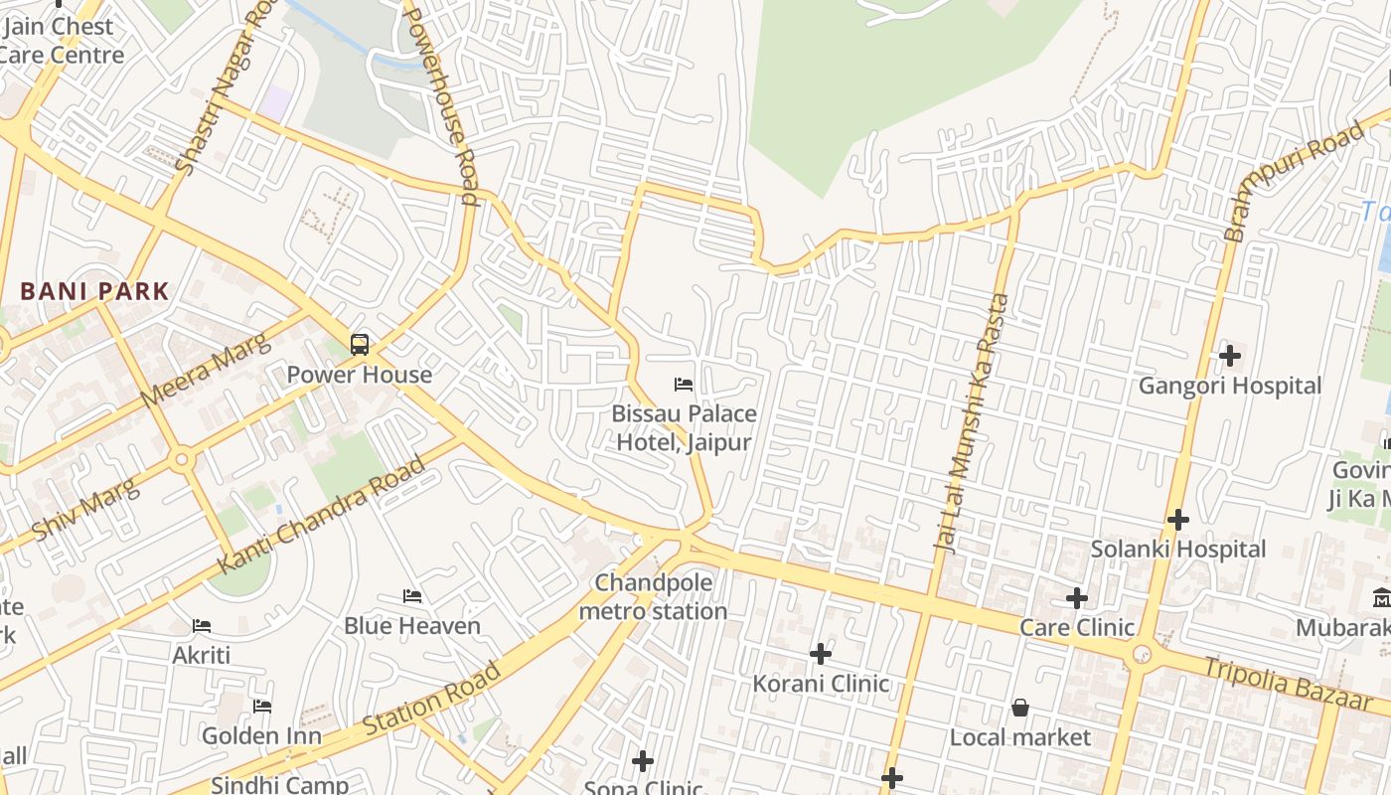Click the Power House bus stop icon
pos(360,345)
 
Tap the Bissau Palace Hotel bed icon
pos(683,384)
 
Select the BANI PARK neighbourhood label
pos(94,292)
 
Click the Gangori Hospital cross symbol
pos(1230,355)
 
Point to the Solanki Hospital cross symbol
pos(1178,519)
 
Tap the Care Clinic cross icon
pos(1077,597)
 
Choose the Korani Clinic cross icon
pos(821,653)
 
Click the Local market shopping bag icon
pos(1019,708)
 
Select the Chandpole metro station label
pos(653,596)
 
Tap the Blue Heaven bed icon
pos(412,596)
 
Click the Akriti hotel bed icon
pos(202,626)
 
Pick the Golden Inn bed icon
pos(262,707)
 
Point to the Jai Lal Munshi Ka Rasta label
pos(972,422)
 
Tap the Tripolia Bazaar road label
pos(1287,683)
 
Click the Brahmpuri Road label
pos(1295,182)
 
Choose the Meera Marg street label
pos(205,372)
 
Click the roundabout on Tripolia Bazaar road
pos(1142,654)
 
